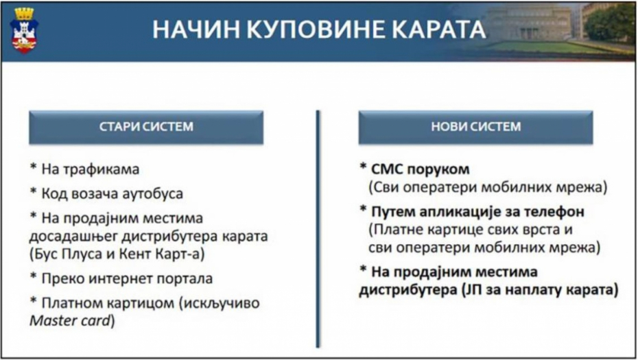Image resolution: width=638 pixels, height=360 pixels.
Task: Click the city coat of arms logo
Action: click(25, 30)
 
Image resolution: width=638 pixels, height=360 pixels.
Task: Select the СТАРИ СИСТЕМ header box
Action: click(146, 127)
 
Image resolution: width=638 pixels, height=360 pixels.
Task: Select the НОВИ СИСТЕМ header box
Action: click(475, 127)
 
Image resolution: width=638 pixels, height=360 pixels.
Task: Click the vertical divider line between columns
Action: click(318, 228)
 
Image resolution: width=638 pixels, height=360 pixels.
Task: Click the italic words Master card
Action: click(70, 320)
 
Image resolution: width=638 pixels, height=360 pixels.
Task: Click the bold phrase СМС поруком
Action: click(420, 169)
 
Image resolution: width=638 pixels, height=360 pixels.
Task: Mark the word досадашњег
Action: click(73, 237)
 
